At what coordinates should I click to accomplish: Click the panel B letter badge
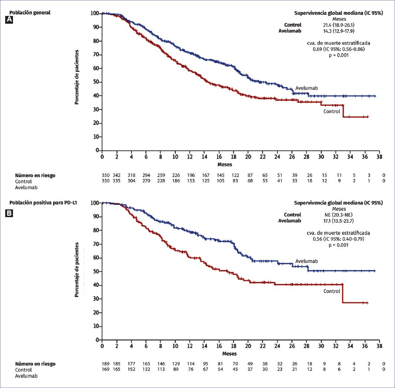[x=9, y=213]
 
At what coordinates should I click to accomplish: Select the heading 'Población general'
[x=30, y=13]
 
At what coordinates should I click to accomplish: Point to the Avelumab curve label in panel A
[x=306, y=88]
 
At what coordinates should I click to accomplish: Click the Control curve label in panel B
[x=332, y=291]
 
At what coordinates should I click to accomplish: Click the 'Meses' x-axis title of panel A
[x=225, y=164]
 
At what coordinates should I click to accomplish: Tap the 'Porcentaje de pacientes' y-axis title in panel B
[x=77, y=269]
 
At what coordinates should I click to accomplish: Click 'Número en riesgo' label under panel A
[x=35, y=175]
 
